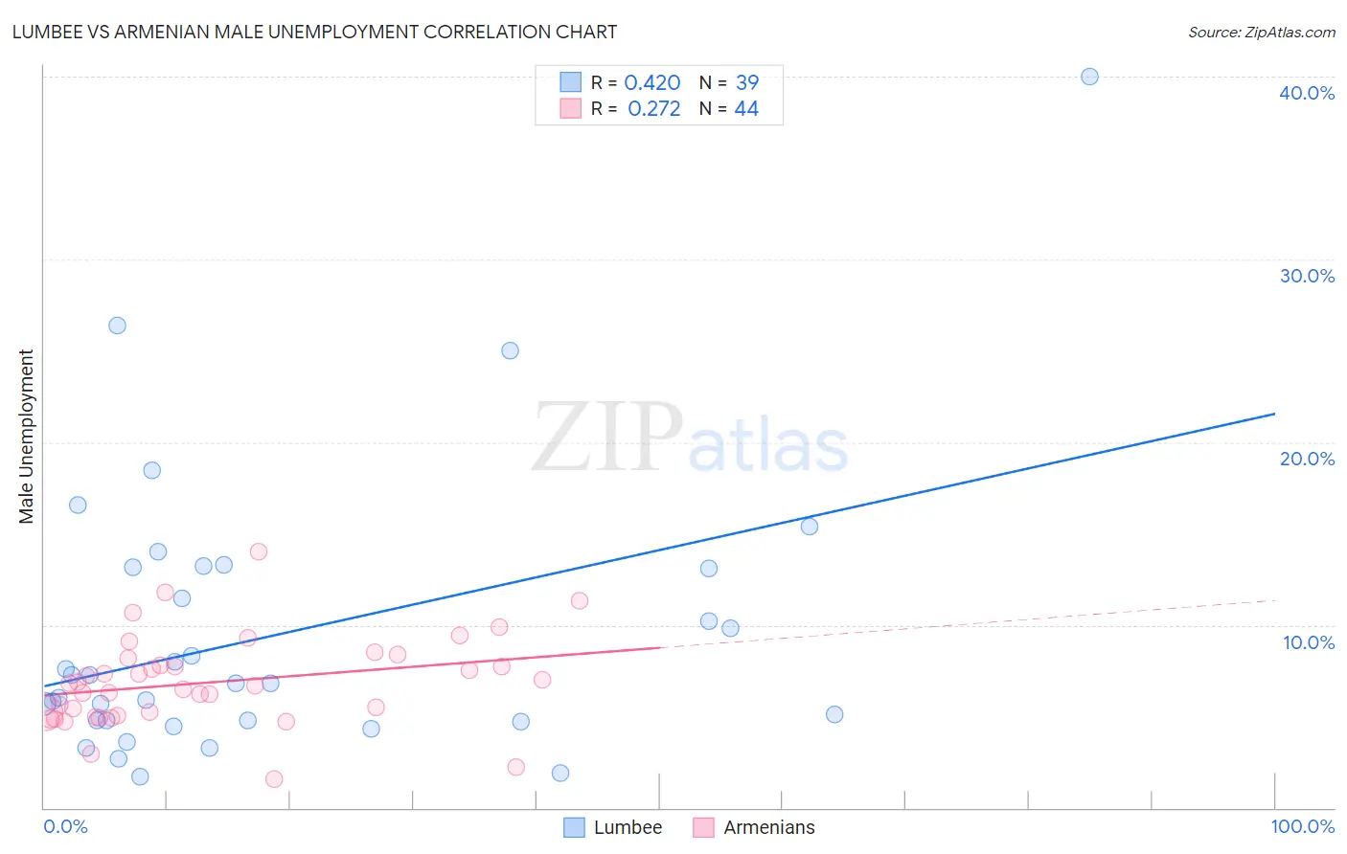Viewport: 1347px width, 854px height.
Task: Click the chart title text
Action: click(314, 32)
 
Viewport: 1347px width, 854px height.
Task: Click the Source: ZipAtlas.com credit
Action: click(1261, 32)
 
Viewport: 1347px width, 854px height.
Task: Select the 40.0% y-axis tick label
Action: click(1307, 93)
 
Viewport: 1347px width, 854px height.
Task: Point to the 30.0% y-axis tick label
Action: click(1307, 276)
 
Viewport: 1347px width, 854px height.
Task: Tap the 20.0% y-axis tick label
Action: click(1307, 459)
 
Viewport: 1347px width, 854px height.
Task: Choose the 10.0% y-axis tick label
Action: click(1309, 642)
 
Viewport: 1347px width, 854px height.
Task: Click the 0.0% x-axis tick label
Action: click(65, 826)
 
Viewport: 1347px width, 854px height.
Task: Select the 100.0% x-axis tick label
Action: click(1302, 826)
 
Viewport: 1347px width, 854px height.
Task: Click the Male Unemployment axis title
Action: click(26, 437)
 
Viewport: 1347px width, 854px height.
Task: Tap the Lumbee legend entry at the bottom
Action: click(613, 827)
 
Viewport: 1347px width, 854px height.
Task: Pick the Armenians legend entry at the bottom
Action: click(754, 827)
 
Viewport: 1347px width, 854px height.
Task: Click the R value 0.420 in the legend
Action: click(651, 83)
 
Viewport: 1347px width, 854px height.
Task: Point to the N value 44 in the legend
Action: click(746, 109)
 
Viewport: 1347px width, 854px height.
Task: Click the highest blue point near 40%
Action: click(1089, 77)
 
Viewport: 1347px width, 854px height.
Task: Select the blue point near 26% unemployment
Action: click(117, 326)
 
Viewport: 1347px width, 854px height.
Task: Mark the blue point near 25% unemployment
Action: click(510, 350)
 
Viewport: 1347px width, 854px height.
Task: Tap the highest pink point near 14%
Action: click(258, 551)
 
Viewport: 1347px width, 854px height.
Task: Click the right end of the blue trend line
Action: click(1274, 414)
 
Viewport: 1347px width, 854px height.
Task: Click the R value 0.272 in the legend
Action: click(653, 109)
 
